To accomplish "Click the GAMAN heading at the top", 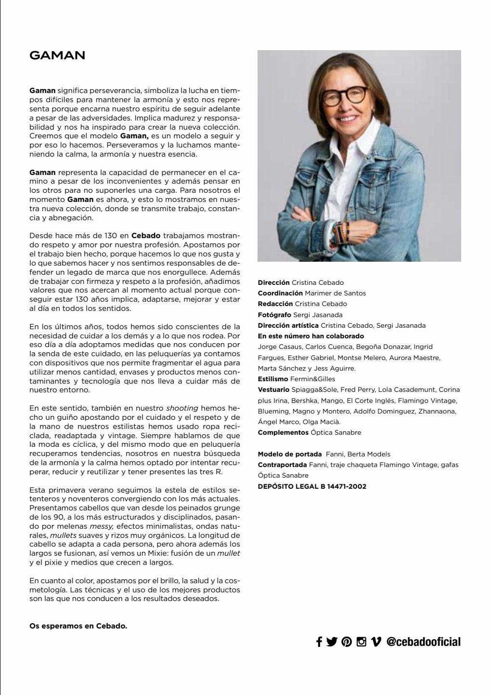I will pyautogui.click(x=57, y=55).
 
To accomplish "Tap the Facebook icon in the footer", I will pyautogui.click(x=319, y=642).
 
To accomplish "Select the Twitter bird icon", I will pyautogui.click(x=332, y=642).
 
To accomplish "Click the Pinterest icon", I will pyautogui.click(x=347, y=642).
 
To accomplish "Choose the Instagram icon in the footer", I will pyautogui.click(x=361, y=642).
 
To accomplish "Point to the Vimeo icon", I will pyautogui.click(x=376, y=642).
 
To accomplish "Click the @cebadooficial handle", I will pyautogui.click(x=423, y=642).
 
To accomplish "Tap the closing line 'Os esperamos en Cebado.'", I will pyautogui.click(x=78, y=626).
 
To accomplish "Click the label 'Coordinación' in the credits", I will pyautogui.click(x=280, y=293).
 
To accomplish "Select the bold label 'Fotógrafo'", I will pyautogui.click(x=274, y=315).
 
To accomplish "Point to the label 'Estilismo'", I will pyautogui.click(x=272, y=379).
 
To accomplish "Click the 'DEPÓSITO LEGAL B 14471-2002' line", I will pyautogui.click(x=312, y=486).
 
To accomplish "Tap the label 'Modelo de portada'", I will pyautogui.click(x=290, y=454).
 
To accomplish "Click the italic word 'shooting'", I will pyautogui.click(x=182, y=408).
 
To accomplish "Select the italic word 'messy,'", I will pyautogui.click(x=102, y=526).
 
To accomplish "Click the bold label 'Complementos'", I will pyautogui.click(x=283, y=432).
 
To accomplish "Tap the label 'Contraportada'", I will pyautogui.click(x=282, y=465).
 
